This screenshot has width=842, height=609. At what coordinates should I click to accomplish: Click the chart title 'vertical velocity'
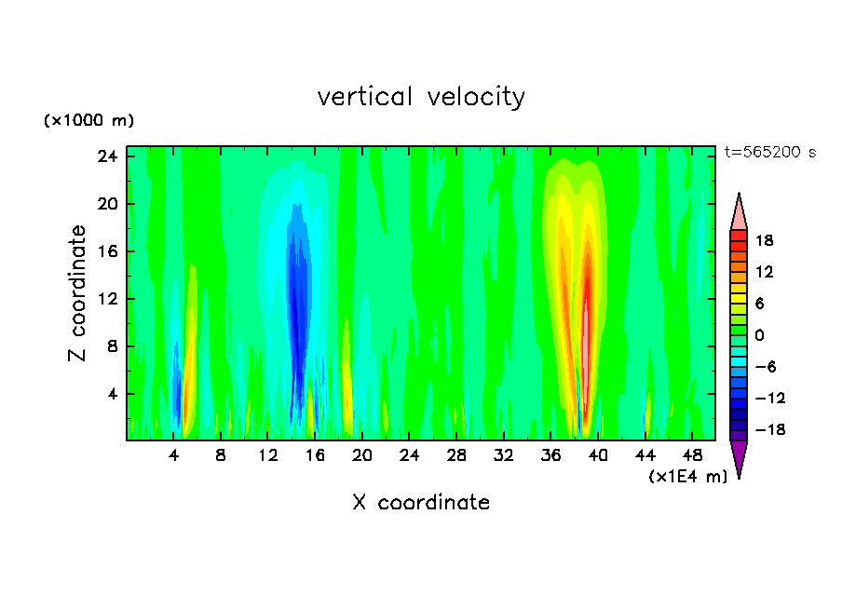(x=421, y=97)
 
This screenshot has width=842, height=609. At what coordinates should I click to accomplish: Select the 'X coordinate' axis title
(x=421, y=503)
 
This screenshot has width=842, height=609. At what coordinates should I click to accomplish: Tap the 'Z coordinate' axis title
(x=77, y=294)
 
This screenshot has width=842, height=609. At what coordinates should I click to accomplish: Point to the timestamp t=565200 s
(x=769, y=153)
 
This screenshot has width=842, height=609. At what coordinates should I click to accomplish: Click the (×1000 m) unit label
(x=88, y=121)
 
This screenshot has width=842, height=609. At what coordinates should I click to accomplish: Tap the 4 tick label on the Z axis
(x=113, y=394)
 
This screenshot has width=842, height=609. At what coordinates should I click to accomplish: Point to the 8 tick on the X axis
(x=221, y=456)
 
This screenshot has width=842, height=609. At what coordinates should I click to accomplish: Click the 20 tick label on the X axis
(x=362, y=456)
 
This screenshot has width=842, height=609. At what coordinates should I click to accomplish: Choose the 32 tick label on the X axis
(x=504, y=456)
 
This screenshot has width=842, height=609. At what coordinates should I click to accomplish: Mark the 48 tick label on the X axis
(x=692, y=456)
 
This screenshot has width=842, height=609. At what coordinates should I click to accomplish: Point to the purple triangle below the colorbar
(x=739, y=458)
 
